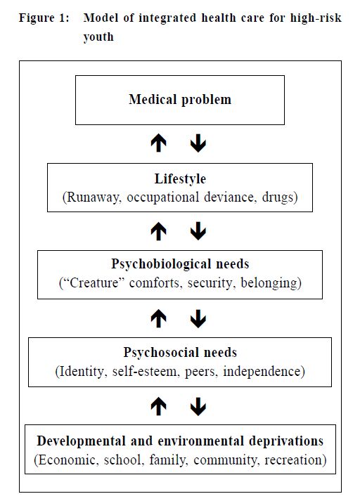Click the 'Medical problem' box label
[x=180, y=99]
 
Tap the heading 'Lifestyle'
[x=180, y=178]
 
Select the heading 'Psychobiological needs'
[x=180, y=264]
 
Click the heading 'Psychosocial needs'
[x=180, y=353]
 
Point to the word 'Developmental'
[x=81, y=441]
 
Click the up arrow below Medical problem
[x=159, y=143]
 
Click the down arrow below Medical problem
[x=198, y=143]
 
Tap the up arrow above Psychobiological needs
[x=159, y=231]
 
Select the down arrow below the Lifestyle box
[x=198, y=231]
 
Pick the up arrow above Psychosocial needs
[x=159, y=318]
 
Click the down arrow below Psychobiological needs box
[x=198, y=318]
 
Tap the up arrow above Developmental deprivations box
[x=159, y=406]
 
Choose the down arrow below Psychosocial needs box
[x=198, y=406]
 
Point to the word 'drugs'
[x=277, y=197]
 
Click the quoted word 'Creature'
[x=94, y=282]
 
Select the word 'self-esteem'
[x=144, y=371]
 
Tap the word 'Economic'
[x=67, y=460]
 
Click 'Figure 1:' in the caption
[x=44, y=18]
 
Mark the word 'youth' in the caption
[x=98, y=37]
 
